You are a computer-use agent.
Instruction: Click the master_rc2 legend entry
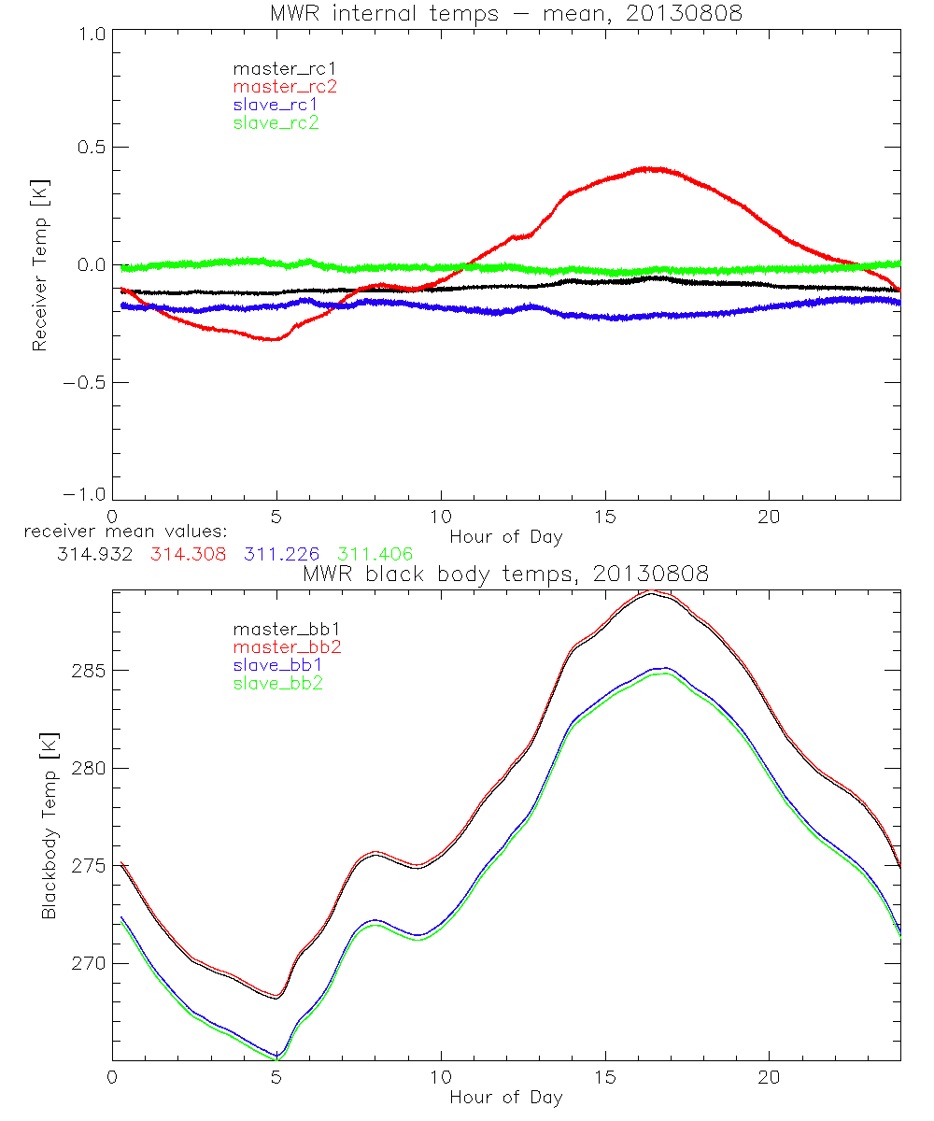[285, 87]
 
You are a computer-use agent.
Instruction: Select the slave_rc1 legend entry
[276, 105]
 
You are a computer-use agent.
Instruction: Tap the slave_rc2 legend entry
[276, 122]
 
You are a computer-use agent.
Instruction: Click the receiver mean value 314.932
[94, 554]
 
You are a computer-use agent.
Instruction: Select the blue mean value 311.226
[279, 554]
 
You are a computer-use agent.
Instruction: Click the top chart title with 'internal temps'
[505, 12]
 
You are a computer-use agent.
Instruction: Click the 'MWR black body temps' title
[505, 575]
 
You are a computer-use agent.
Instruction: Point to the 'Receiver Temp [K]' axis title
[40, 264]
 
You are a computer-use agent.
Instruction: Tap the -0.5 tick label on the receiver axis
[84, 383]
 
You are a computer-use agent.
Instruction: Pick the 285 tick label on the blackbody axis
[89, 671]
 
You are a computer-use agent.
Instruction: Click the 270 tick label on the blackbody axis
[89, 963]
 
